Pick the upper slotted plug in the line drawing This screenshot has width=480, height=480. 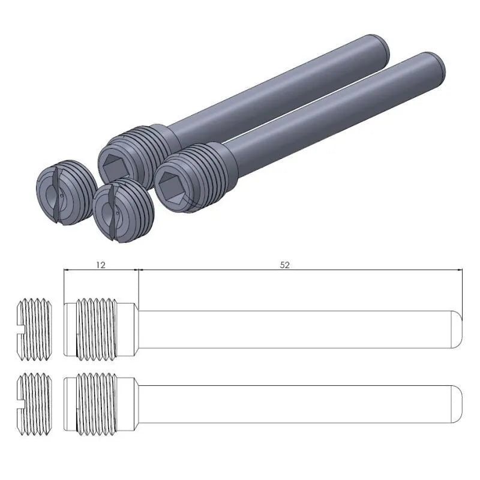(x=34, y=329)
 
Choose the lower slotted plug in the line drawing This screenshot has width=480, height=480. (x=34, y=403)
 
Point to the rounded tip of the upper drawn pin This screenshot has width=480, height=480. (x=458, y=329)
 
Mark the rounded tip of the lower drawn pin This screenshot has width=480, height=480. (x=458, y=403)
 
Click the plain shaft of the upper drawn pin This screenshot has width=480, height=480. (x=294, y=329)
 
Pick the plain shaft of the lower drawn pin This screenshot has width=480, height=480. (x=294, y=403)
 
